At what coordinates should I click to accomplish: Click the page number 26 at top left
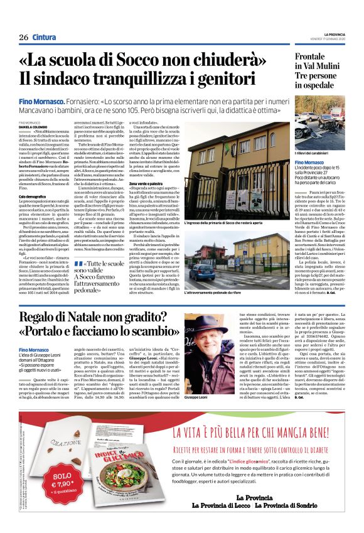point(24,37)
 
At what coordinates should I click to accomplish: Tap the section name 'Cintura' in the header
point(44,37)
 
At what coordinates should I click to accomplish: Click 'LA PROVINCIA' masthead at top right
point(335,34)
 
